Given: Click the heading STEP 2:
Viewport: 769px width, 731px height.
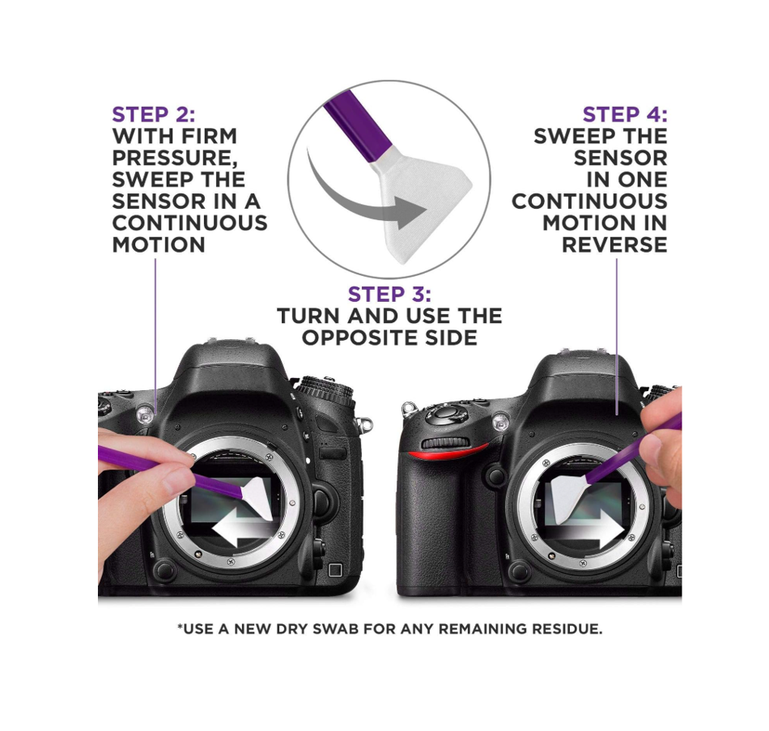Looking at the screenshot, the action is [x=154, y=114].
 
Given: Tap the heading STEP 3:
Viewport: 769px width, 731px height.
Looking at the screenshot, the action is [x=389, y=295].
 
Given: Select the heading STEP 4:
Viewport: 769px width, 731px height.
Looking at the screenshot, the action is [x=625, y=114].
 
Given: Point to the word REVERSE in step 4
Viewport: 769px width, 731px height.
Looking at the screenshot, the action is [x=614, y=244].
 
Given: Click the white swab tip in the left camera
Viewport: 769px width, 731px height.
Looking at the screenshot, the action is [x=258, y=498].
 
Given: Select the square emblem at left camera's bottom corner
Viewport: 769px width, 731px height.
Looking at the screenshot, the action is [x=335, y=570].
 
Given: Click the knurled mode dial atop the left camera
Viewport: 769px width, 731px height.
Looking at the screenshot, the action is [x=326, y=390].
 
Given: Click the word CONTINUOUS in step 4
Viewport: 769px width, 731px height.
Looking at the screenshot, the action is [x=589, y=201].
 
